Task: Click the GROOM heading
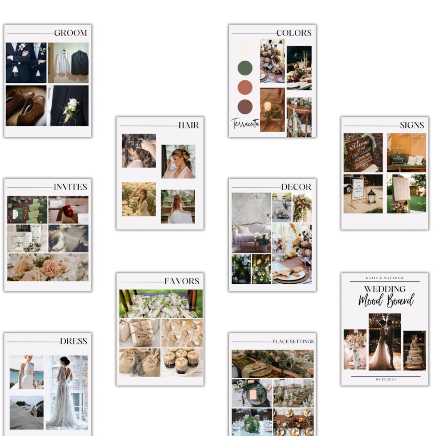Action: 71,33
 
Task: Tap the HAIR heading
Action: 189,125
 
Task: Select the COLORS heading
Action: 294,33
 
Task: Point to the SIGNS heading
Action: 412,125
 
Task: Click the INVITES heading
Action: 70,187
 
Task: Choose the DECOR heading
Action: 296,187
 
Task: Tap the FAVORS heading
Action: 182,281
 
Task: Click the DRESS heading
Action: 73,341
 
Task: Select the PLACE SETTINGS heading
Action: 293,342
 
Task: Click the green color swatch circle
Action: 245,68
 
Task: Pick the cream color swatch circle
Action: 245,49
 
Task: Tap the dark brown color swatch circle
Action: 245,107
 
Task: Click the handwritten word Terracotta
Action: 245,124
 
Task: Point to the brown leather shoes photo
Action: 26,106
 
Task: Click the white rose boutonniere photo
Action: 69,106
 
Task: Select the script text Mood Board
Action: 386,300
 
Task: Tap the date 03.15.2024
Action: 386,379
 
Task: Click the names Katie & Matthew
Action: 385,278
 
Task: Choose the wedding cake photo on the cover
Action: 414,351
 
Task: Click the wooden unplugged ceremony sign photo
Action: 363,153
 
